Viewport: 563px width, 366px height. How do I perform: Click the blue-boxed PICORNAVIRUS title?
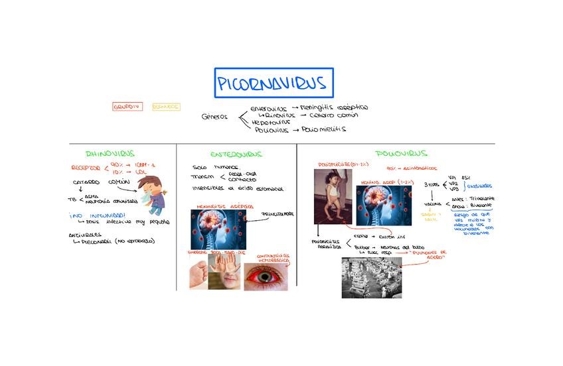(x=273, y=83)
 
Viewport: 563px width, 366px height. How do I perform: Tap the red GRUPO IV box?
(x=127, y=106)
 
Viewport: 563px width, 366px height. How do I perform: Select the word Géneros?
(x=214, y=117)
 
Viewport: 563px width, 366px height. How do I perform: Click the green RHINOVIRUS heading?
(x=110, y=154)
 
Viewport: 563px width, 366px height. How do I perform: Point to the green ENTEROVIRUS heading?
(x=236, y=154)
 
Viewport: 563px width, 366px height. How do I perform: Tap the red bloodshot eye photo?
(x=266, y=276)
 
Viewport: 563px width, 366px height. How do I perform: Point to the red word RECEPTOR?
(x=85, y=168)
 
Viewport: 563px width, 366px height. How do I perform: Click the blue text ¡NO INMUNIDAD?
(x=97, y=215)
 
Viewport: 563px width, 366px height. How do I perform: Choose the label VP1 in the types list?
(x=453, y=178)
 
